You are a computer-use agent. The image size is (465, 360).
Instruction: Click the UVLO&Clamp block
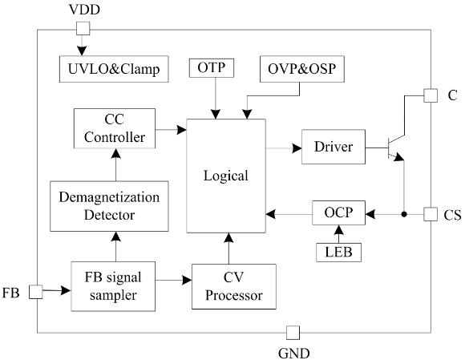tap(114, 69)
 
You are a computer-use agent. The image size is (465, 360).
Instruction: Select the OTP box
tap(212, 68)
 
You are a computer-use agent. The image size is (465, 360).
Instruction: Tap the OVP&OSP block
tap(302, 69)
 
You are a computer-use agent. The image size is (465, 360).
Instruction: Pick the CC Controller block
tap(115, 128)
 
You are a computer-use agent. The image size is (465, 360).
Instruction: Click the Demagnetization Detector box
tap(109, 206)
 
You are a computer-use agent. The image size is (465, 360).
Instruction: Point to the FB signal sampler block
tap(113, 286)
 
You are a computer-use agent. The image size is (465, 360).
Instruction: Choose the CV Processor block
tap(234, 286)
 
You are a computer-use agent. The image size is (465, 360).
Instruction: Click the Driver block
tap(334, 147)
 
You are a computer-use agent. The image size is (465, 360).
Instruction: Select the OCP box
tap(338, 212)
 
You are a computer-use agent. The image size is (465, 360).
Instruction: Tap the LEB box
tap(338, 253)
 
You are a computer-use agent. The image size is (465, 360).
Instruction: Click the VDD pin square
tap(83, 29)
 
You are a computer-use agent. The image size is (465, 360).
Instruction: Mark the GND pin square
tap(293, 333)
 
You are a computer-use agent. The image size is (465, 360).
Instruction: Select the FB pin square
tap(36, 292)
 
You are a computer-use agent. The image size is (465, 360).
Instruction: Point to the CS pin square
tap(431, 214)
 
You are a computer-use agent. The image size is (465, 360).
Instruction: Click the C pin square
tap(431, 95)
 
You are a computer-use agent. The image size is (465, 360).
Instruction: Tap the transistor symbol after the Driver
tap(396, 148)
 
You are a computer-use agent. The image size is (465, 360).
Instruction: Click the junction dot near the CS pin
tap(403, 214)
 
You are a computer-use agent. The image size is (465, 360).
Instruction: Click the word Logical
tap(225, 176)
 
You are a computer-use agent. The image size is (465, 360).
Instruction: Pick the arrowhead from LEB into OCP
tap(338, 230)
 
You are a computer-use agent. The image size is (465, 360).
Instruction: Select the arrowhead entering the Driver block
tap(297, 148)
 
